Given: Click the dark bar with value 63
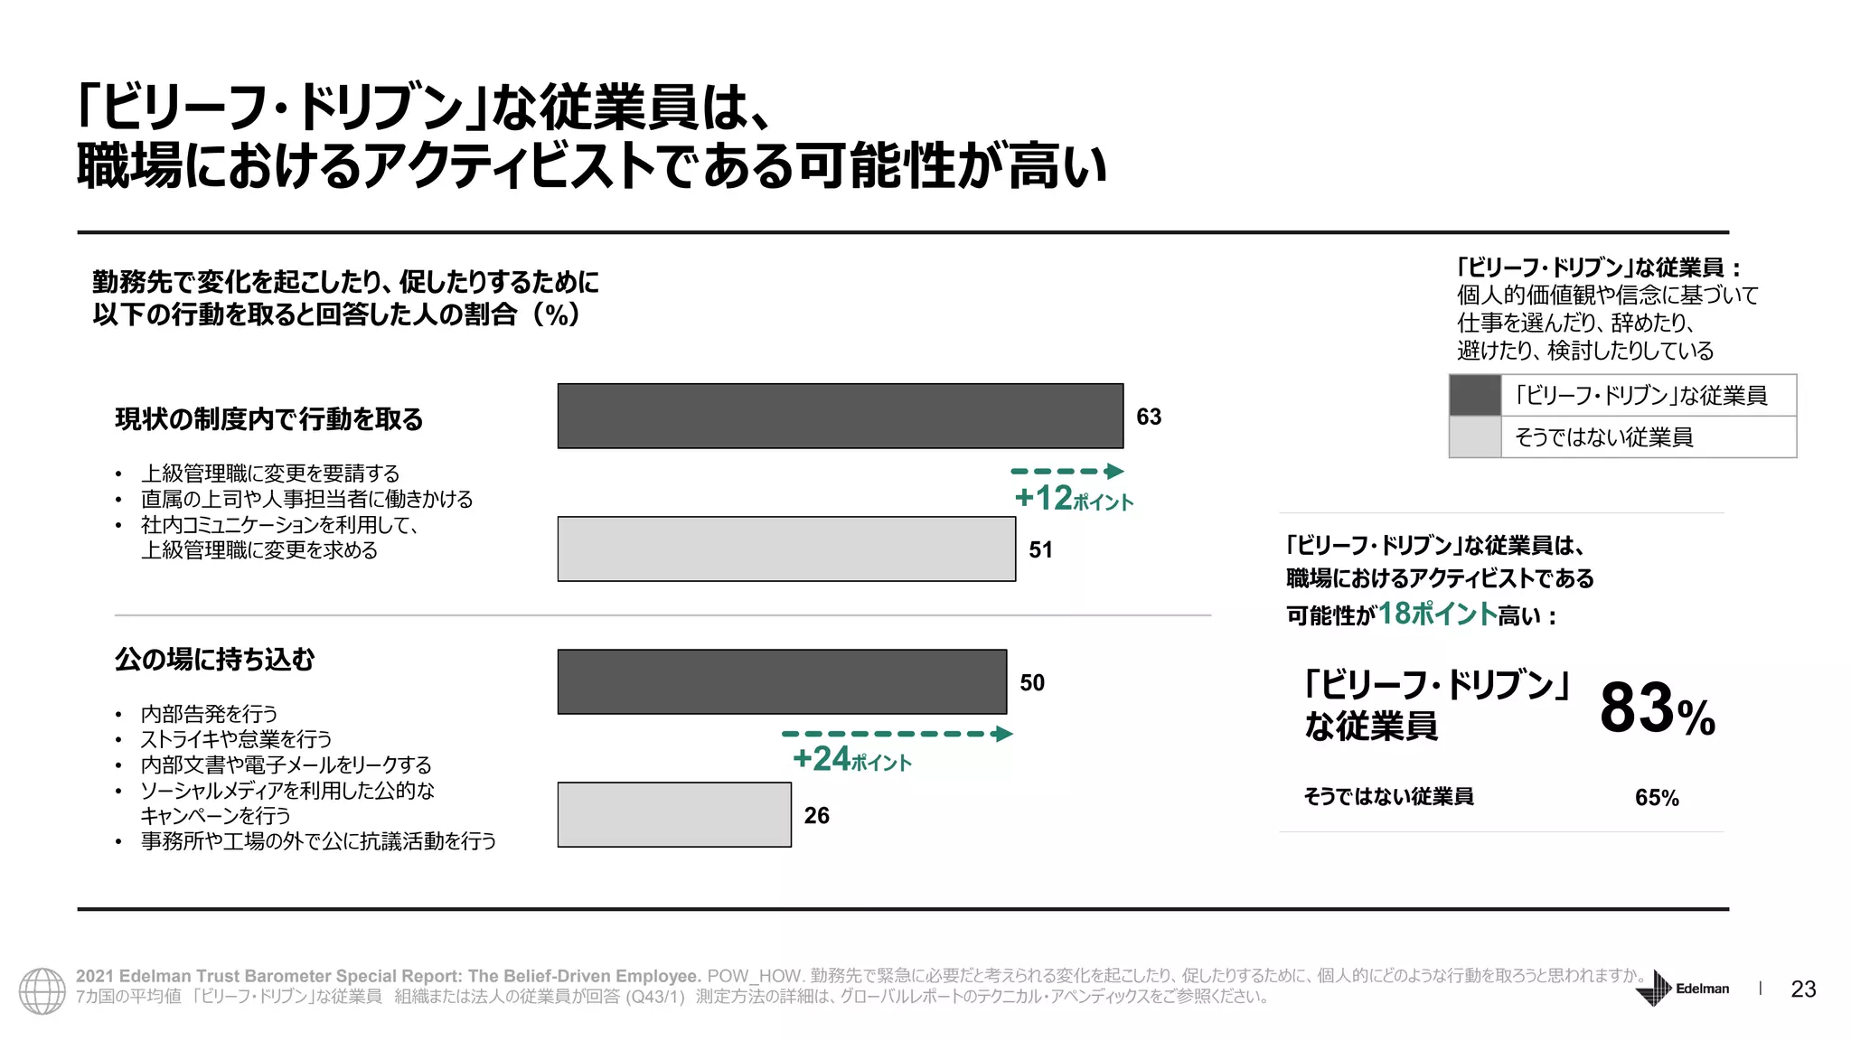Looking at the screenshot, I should (x=840, y=416).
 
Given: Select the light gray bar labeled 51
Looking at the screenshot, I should (x=786, y=549).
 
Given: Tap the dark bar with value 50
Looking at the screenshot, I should (x=782, y=681).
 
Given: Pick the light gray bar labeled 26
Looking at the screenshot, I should (x=674, y=814).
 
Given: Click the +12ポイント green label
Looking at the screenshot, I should (x=1073, y=499).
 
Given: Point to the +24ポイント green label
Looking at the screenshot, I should (x=851, y=759).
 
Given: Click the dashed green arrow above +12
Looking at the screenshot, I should (x=1066, y=471).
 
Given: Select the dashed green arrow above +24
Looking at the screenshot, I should (x=897, y=734).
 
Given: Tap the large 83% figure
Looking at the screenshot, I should (x=1657, y=709).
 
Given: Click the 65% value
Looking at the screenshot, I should (x=1657, y=798).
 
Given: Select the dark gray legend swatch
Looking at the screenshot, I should (x=1475, y=396).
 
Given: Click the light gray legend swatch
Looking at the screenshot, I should (x=1475, y=437).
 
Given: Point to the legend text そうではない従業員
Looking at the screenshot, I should (x=1603, y=437).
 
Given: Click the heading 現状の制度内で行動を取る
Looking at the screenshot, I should (x=269, y=419).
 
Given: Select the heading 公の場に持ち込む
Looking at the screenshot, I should (x=215, y=660).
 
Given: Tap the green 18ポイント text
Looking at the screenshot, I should (x=1437, y=614).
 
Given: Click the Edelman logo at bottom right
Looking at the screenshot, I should (x=1682, y=988).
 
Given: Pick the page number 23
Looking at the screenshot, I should (x=1803, y=989).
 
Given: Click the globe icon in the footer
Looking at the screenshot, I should (x=42, y=990).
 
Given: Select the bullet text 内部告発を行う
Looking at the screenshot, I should (x=209, y=714).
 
